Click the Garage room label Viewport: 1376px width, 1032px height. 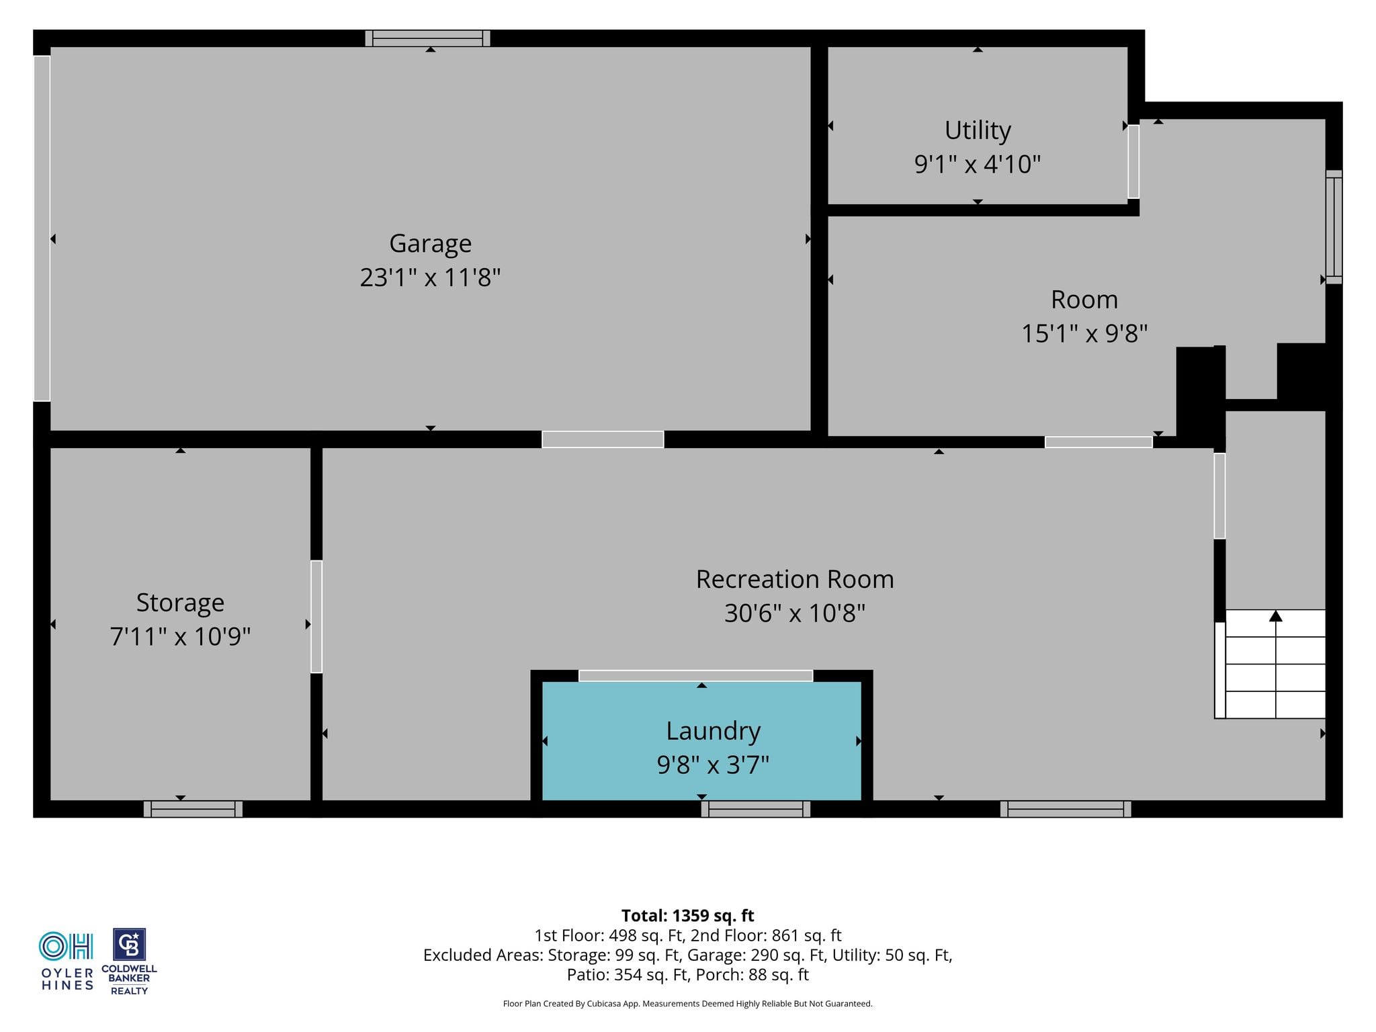(x=430, y=243)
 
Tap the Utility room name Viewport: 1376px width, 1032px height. (x=978, y=130)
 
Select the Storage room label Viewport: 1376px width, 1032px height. (x=180, y=603)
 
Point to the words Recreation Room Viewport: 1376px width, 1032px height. (x=795, y=579)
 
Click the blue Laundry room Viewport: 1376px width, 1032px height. (x=701, y=741)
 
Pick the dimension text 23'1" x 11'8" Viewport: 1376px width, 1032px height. (x=430, y=277)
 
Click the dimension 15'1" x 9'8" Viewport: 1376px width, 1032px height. (x=1084, y=333)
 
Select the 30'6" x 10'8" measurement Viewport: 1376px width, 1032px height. (x=795, y=613)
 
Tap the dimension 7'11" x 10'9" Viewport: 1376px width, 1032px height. (x=180, y=636)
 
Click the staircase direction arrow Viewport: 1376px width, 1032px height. (x=1276, y=616)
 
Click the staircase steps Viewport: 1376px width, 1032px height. (x=1270, y=664)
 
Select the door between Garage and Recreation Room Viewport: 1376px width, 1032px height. (x=603, y=439)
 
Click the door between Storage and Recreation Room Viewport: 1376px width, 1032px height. (x=316, y=617)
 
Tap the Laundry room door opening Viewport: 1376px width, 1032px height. (x=695, y=676)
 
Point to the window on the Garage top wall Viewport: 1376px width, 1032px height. (x=427, y=38)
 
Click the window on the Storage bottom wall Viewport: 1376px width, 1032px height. (x=193, y=809)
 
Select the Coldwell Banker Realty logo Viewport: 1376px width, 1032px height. (x=129, y=961)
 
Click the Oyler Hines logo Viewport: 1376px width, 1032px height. (x=67, y=961)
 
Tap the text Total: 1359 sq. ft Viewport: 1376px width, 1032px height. (x=687, y=916)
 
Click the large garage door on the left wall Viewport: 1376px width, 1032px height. (x=42, y=228)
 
